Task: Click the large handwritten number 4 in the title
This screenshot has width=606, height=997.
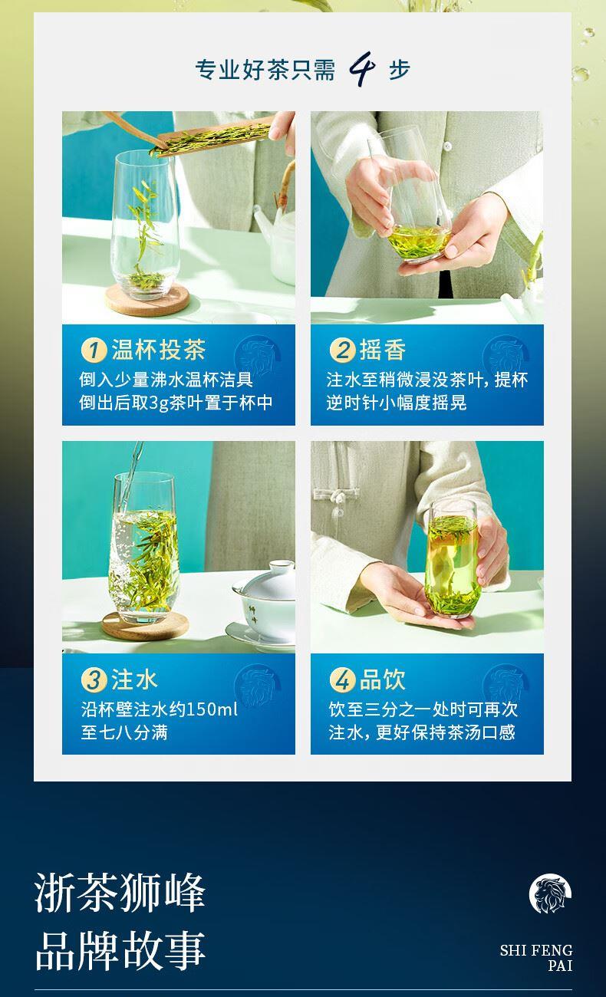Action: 362,68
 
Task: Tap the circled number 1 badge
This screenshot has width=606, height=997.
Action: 94,350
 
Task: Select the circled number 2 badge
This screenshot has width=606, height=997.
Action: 342,350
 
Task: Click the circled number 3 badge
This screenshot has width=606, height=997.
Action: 94,680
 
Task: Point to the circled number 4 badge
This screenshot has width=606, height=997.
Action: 342,680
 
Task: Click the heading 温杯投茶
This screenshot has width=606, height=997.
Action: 159,350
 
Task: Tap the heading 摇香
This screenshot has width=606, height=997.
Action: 383,350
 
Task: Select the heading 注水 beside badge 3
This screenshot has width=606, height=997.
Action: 134,679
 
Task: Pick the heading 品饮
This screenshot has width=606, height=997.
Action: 383,679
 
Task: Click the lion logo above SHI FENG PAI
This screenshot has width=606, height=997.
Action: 550,893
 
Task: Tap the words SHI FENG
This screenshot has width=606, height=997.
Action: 536,951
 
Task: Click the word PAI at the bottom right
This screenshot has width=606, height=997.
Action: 560,966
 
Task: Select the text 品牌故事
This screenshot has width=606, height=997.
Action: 120,951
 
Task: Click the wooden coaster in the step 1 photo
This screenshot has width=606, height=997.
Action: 147,300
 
